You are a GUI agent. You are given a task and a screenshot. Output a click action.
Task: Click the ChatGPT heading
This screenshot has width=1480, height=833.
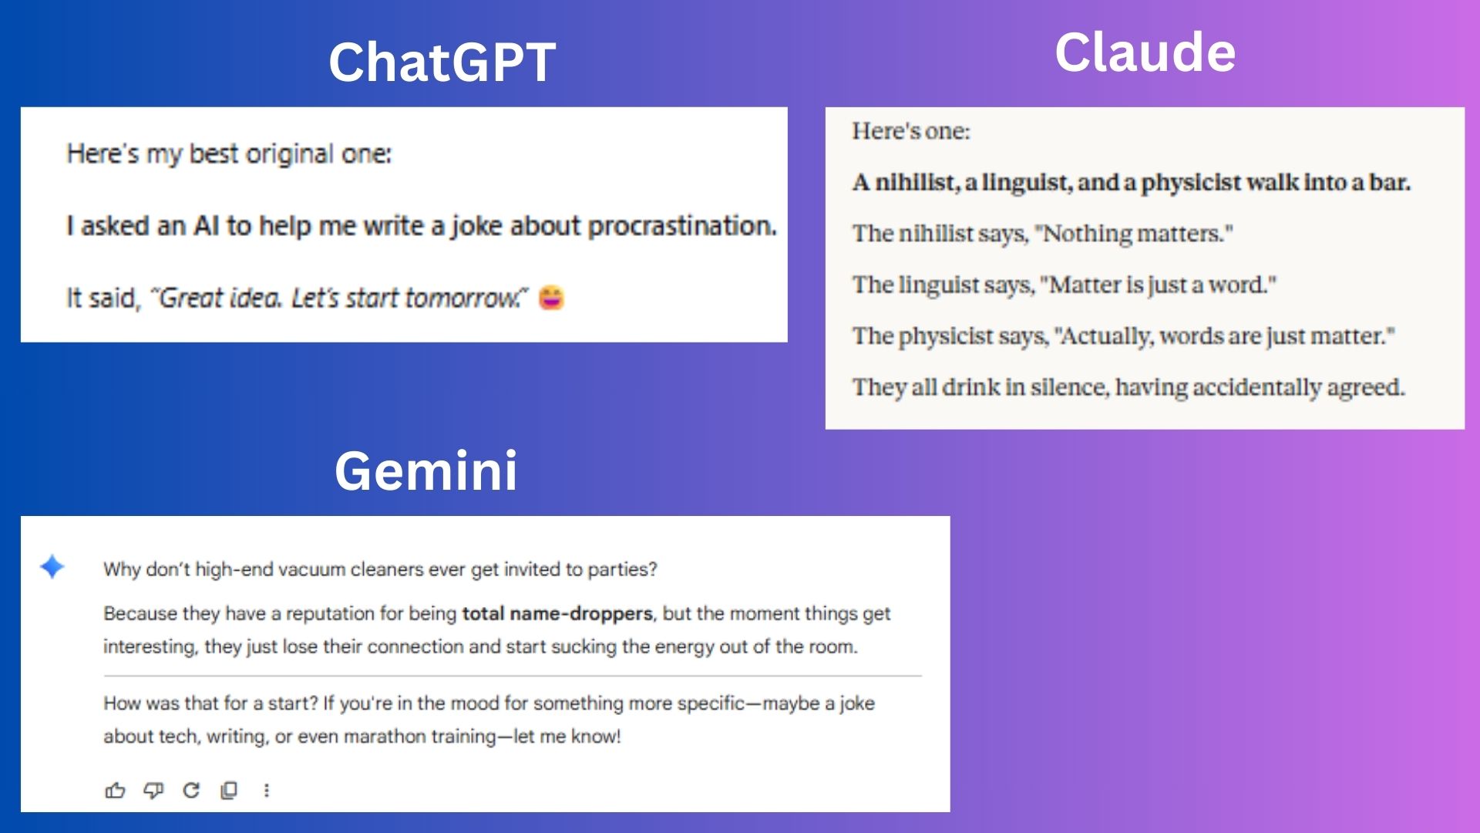pos(442,62)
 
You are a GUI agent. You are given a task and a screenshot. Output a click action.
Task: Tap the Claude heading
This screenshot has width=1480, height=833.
pos(1145,52)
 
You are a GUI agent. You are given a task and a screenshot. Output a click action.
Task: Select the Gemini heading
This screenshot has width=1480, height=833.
pos(425,470)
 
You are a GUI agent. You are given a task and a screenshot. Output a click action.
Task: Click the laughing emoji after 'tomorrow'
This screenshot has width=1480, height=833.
pos(551,298)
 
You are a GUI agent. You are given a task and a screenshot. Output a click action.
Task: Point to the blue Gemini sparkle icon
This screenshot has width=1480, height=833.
pos(52,567)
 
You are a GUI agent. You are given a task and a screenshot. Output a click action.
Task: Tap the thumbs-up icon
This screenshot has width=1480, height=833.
pos(115,790)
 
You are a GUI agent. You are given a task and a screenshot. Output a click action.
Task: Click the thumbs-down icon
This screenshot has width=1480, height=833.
pos(153,790)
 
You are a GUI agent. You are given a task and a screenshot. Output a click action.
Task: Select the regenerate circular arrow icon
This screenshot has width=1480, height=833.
pos(191,790)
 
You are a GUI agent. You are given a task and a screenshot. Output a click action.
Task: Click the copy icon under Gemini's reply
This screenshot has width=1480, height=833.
pos(229,790)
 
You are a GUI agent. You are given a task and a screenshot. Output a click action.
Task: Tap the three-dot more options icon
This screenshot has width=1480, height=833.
pos(267,790)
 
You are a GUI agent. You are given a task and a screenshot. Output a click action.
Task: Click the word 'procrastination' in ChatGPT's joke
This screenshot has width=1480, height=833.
pos(681,226)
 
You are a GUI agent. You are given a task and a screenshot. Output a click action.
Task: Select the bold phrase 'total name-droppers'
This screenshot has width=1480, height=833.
pos(557,613)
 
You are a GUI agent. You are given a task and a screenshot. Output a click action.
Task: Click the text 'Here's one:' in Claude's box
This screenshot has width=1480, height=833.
pos(911,131)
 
